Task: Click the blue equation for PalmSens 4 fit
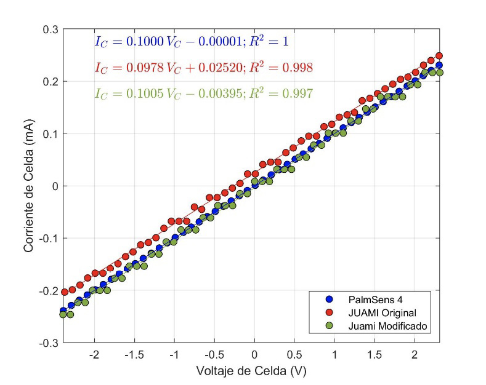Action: pos(191,42)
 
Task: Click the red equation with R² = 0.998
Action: pos(203,68)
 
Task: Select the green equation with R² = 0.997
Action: pos(203,93)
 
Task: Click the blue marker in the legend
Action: pos(328,299)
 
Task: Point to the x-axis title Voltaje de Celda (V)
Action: pos(251,371)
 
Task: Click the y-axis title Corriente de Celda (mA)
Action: pos(28,186)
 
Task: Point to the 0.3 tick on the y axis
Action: pos(51,30)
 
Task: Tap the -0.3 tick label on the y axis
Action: pos(49,342)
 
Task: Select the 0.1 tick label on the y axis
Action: pos(51,133)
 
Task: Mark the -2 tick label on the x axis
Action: pos(94,355)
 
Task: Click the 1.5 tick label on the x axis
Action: pos(375,355)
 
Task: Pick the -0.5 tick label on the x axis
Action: pos(213,355)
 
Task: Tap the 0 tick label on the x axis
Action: pos(254,355)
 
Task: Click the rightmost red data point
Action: pos(439,56)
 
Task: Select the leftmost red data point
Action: pos(64,292)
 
